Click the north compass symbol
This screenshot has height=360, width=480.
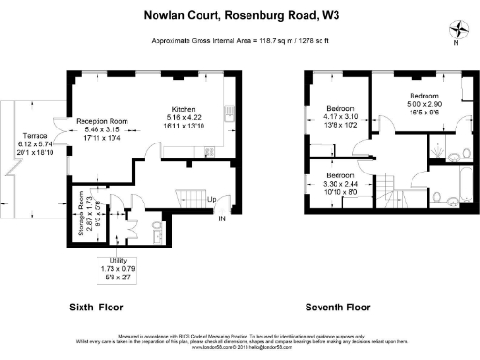pyautogui.click(x=455, y=29)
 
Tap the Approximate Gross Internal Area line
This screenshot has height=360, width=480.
pyautogui.click(x=240, y=43)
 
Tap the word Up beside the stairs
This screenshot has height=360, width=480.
pyautogui.click(x=212, y=200)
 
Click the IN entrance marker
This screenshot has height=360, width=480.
pyautogui.click(x=222, y=219)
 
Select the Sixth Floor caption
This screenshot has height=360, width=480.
pyautogui.click(x=97, y=307)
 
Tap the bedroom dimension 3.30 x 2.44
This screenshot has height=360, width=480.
pyautogui.click(x=340, y=186)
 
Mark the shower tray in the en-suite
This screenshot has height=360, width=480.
pyautogui.click(x=438, y=146)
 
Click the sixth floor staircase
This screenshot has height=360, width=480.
pyautogui.click(x=192, y=199)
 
